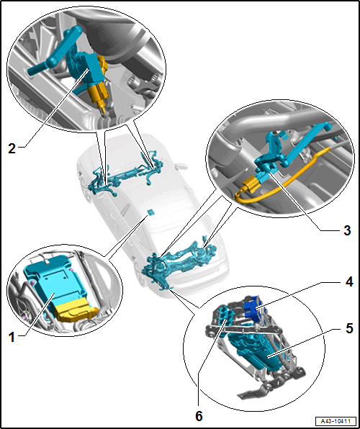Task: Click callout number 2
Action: (12, 148)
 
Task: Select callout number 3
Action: (347, 230)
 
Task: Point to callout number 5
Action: (348, 329)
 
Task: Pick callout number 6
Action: (199, 417)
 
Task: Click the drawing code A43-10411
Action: (336, 420)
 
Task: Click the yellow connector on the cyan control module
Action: (75, 312)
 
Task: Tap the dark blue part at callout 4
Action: (254, 307)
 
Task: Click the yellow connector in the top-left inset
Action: (101, 83)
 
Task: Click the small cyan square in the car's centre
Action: (150, 212)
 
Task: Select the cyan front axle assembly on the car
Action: (126, 175)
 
